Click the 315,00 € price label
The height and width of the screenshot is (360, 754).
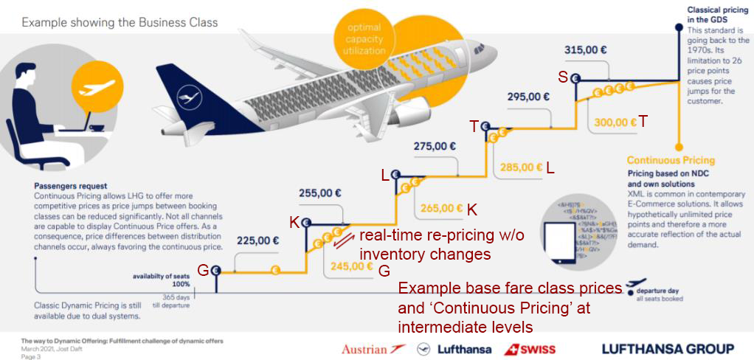click(586, 50)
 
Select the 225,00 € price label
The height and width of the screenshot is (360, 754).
click(257, 240)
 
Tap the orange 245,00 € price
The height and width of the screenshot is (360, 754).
click(350, 266)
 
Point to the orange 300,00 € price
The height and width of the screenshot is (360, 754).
click(615, 122)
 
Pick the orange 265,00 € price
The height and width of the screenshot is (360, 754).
click(441, 208)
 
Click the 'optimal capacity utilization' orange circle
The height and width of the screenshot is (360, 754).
click(364, 39)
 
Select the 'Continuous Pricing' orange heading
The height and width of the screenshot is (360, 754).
click(671, 160)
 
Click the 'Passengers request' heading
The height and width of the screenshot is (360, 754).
click(70, 187)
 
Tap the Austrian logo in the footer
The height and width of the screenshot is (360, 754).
click(373, 348)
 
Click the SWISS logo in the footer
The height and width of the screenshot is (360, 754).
click(530, 348)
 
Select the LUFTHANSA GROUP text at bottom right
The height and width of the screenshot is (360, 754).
click(668, 348)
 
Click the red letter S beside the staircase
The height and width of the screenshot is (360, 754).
click(563, 77)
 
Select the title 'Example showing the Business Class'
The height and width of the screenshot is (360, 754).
click(120, 22)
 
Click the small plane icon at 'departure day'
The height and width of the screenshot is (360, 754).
click(635, 285)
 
